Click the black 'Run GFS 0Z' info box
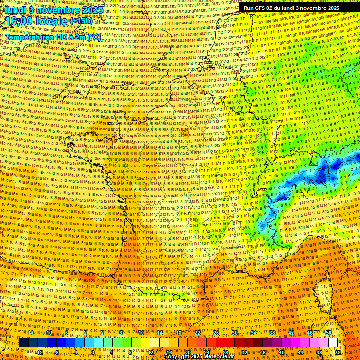tap(291, 8)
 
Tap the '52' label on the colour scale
tap(338, 352)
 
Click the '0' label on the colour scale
tap(93, 352)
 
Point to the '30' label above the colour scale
tap(235, 333)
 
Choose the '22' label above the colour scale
tap(197, 333)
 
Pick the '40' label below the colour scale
tap(282, 352)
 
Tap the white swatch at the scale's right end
tap(333, 343)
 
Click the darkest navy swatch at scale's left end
tap(23, 343)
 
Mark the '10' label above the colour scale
tap(141, 333)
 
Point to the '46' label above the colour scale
tap(310, 333)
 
